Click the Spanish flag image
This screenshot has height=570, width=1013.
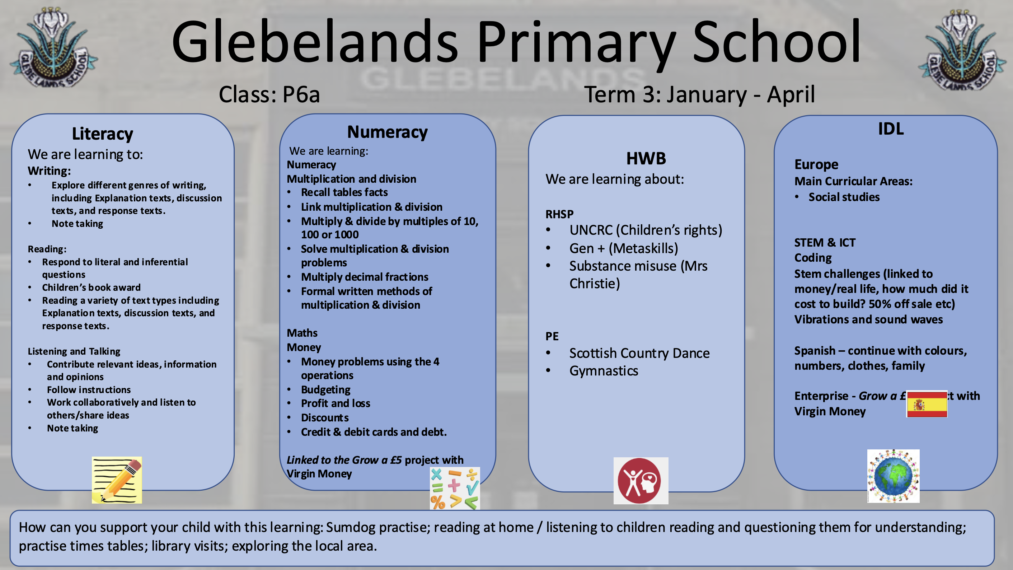[927, 404]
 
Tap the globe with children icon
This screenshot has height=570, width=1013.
[893, 476]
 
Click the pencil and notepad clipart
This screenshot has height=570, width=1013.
[117, 480]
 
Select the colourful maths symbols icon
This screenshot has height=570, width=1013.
[455, 488]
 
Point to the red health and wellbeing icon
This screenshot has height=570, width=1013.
[641, 481]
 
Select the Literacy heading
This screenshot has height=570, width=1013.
[102, 134]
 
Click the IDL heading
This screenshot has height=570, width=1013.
[891, 129]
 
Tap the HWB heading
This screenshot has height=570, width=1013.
[646, 159]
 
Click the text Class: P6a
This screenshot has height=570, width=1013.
[269, 94]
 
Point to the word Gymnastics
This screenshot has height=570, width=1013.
[603, 370]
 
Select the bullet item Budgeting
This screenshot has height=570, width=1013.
[325, 389]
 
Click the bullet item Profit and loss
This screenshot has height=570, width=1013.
[336, 403]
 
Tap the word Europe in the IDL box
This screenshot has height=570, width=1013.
[816, 164]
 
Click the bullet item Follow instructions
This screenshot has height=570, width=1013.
[89, 389]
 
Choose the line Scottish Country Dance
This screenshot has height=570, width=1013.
[639, 353]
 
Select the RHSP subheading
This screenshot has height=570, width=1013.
[559, 214]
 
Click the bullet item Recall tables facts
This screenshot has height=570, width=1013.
[344, 192]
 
